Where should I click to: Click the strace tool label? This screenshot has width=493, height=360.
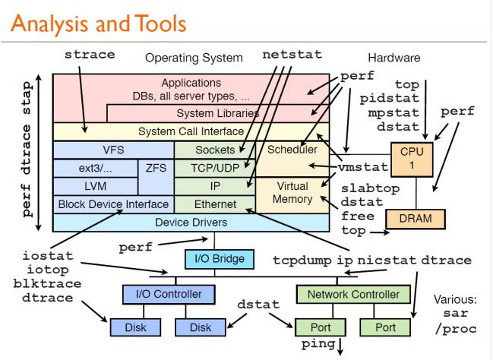[x=90, y=55]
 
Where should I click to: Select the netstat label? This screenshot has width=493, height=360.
[x=292, y=55]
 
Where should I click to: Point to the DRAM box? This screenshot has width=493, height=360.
[x=415, y=219]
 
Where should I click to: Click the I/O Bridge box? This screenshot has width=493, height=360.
[x=215, y=259]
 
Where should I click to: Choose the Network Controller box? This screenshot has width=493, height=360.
[x=353, y=294]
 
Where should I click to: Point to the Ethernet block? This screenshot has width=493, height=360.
[x=215, y=204]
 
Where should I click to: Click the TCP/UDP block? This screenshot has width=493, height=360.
[x=215, y=168]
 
